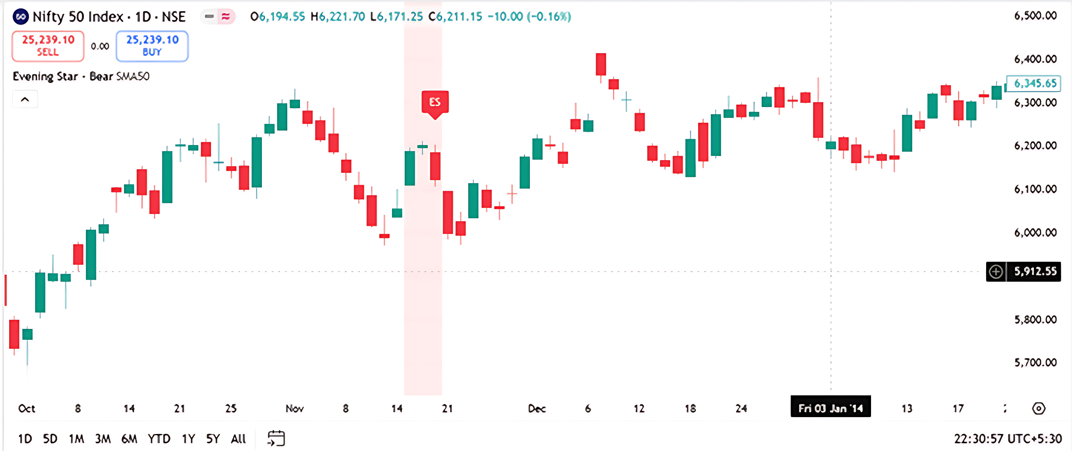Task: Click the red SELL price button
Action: pos(48,46)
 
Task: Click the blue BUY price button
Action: pos(152,46)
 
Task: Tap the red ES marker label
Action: pos(435,102)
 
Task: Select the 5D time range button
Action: pos(50,439)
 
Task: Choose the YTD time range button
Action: pos(159,439)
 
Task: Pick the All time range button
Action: pos(238,439)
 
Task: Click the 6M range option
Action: pos(129,439)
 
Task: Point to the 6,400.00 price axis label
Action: pos(1035,59)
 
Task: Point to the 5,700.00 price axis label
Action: pos(1035,362)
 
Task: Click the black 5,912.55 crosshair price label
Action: pos(1035,272)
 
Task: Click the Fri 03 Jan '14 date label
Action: pos(830,408)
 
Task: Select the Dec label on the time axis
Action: pos(537,408)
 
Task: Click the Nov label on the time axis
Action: pos(295,408)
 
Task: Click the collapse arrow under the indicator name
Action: pos(25,99)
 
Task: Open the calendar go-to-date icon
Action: pos(276,439)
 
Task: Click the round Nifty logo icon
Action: pos(21,17)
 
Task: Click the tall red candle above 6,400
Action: pos(601,64)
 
